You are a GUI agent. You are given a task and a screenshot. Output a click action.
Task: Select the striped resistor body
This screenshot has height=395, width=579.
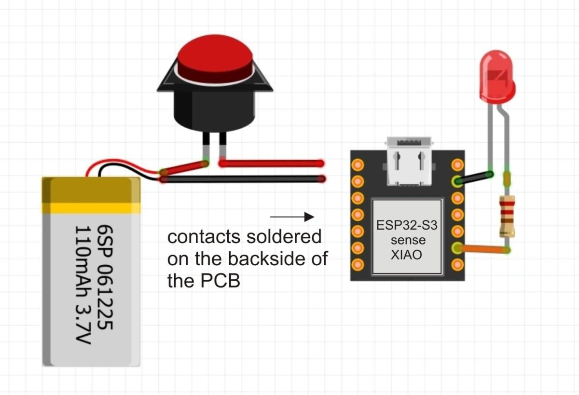[506, 216]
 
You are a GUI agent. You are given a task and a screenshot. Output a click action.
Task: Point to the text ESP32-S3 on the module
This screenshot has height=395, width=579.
[407, 225]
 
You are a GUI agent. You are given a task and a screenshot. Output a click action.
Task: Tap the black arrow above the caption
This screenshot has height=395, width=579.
[292, 217]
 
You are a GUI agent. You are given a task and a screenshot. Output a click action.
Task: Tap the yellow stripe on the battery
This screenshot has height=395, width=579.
[91, 208]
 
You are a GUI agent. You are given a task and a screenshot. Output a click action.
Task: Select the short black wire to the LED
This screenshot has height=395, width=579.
[475, 178]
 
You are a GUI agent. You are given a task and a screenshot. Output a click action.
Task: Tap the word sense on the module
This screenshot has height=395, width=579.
[408, 240]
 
